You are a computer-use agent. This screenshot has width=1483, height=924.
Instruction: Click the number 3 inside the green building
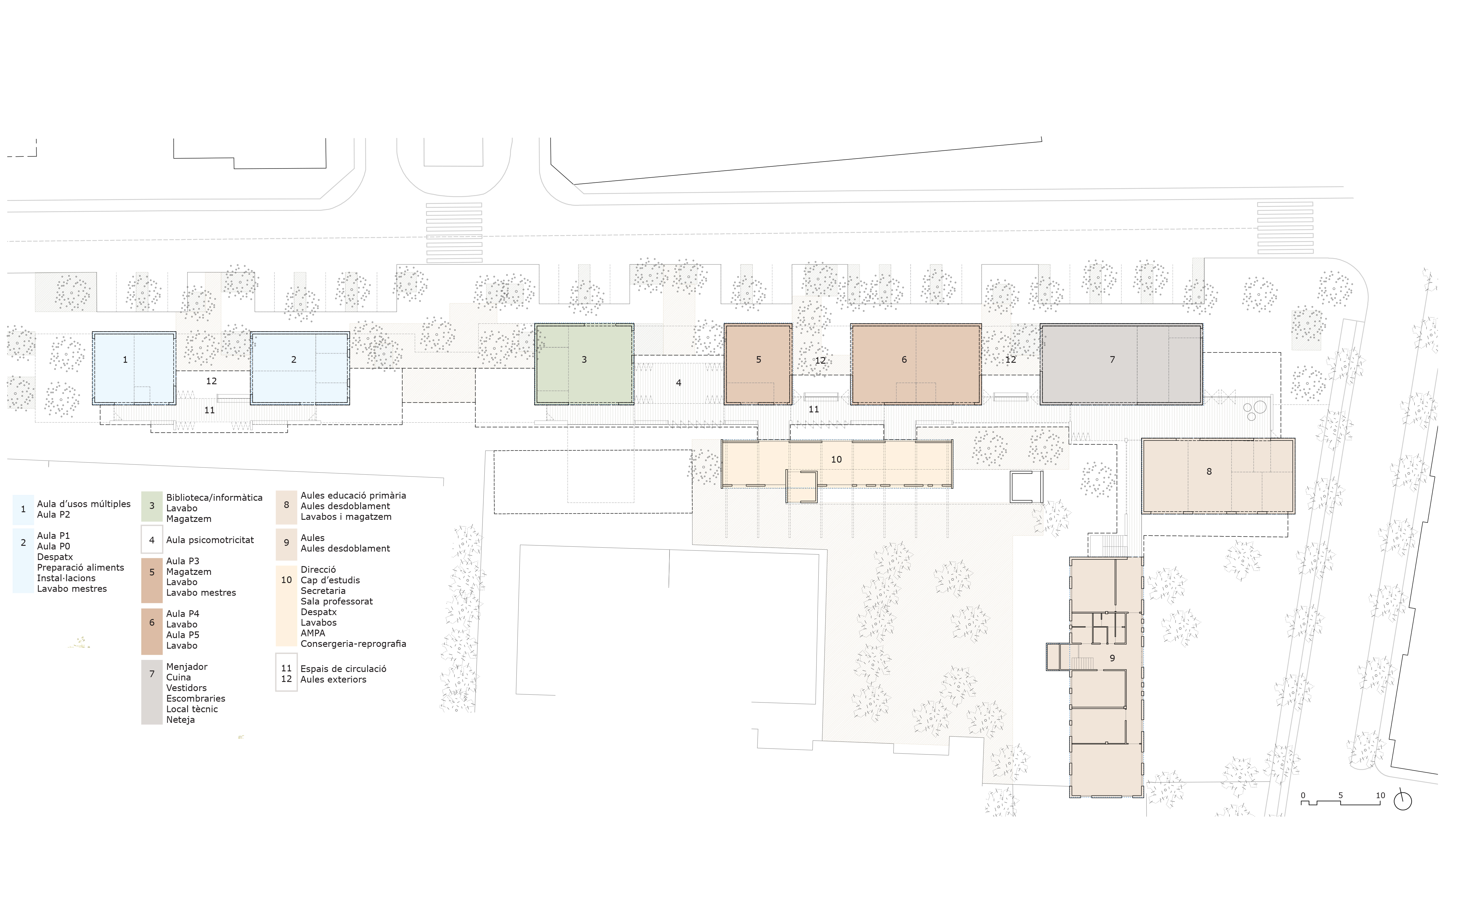[584, 359]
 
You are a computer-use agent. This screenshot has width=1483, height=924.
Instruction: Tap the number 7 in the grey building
[1112, 359]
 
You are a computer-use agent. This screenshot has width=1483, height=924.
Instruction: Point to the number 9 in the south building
[1112, 658]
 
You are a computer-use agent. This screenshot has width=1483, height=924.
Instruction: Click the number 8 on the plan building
[1209, 471]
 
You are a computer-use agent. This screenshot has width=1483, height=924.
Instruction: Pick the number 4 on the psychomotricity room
[678, 382]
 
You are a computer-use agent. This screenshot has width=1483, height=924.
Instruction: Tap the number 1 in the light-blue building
[125, 359]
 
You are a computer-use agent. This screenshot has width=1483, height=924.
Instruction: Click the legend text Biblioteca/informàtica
[214, 497]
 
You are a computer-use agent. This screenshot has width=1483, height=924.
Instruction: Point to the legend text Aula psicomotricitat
[210, 540]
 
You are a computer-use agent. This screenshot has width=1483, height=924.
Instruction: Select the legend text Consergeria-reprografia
[353, 644]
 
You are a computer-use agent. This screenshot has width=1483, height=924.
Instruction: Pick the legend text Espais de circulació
[343, 669]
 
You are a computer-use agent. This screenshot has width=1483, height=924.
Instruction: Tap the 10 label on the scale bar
[1380, 795]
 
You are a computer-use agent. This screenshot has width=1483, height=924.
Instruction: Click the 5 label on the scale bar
[1341, 795]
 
